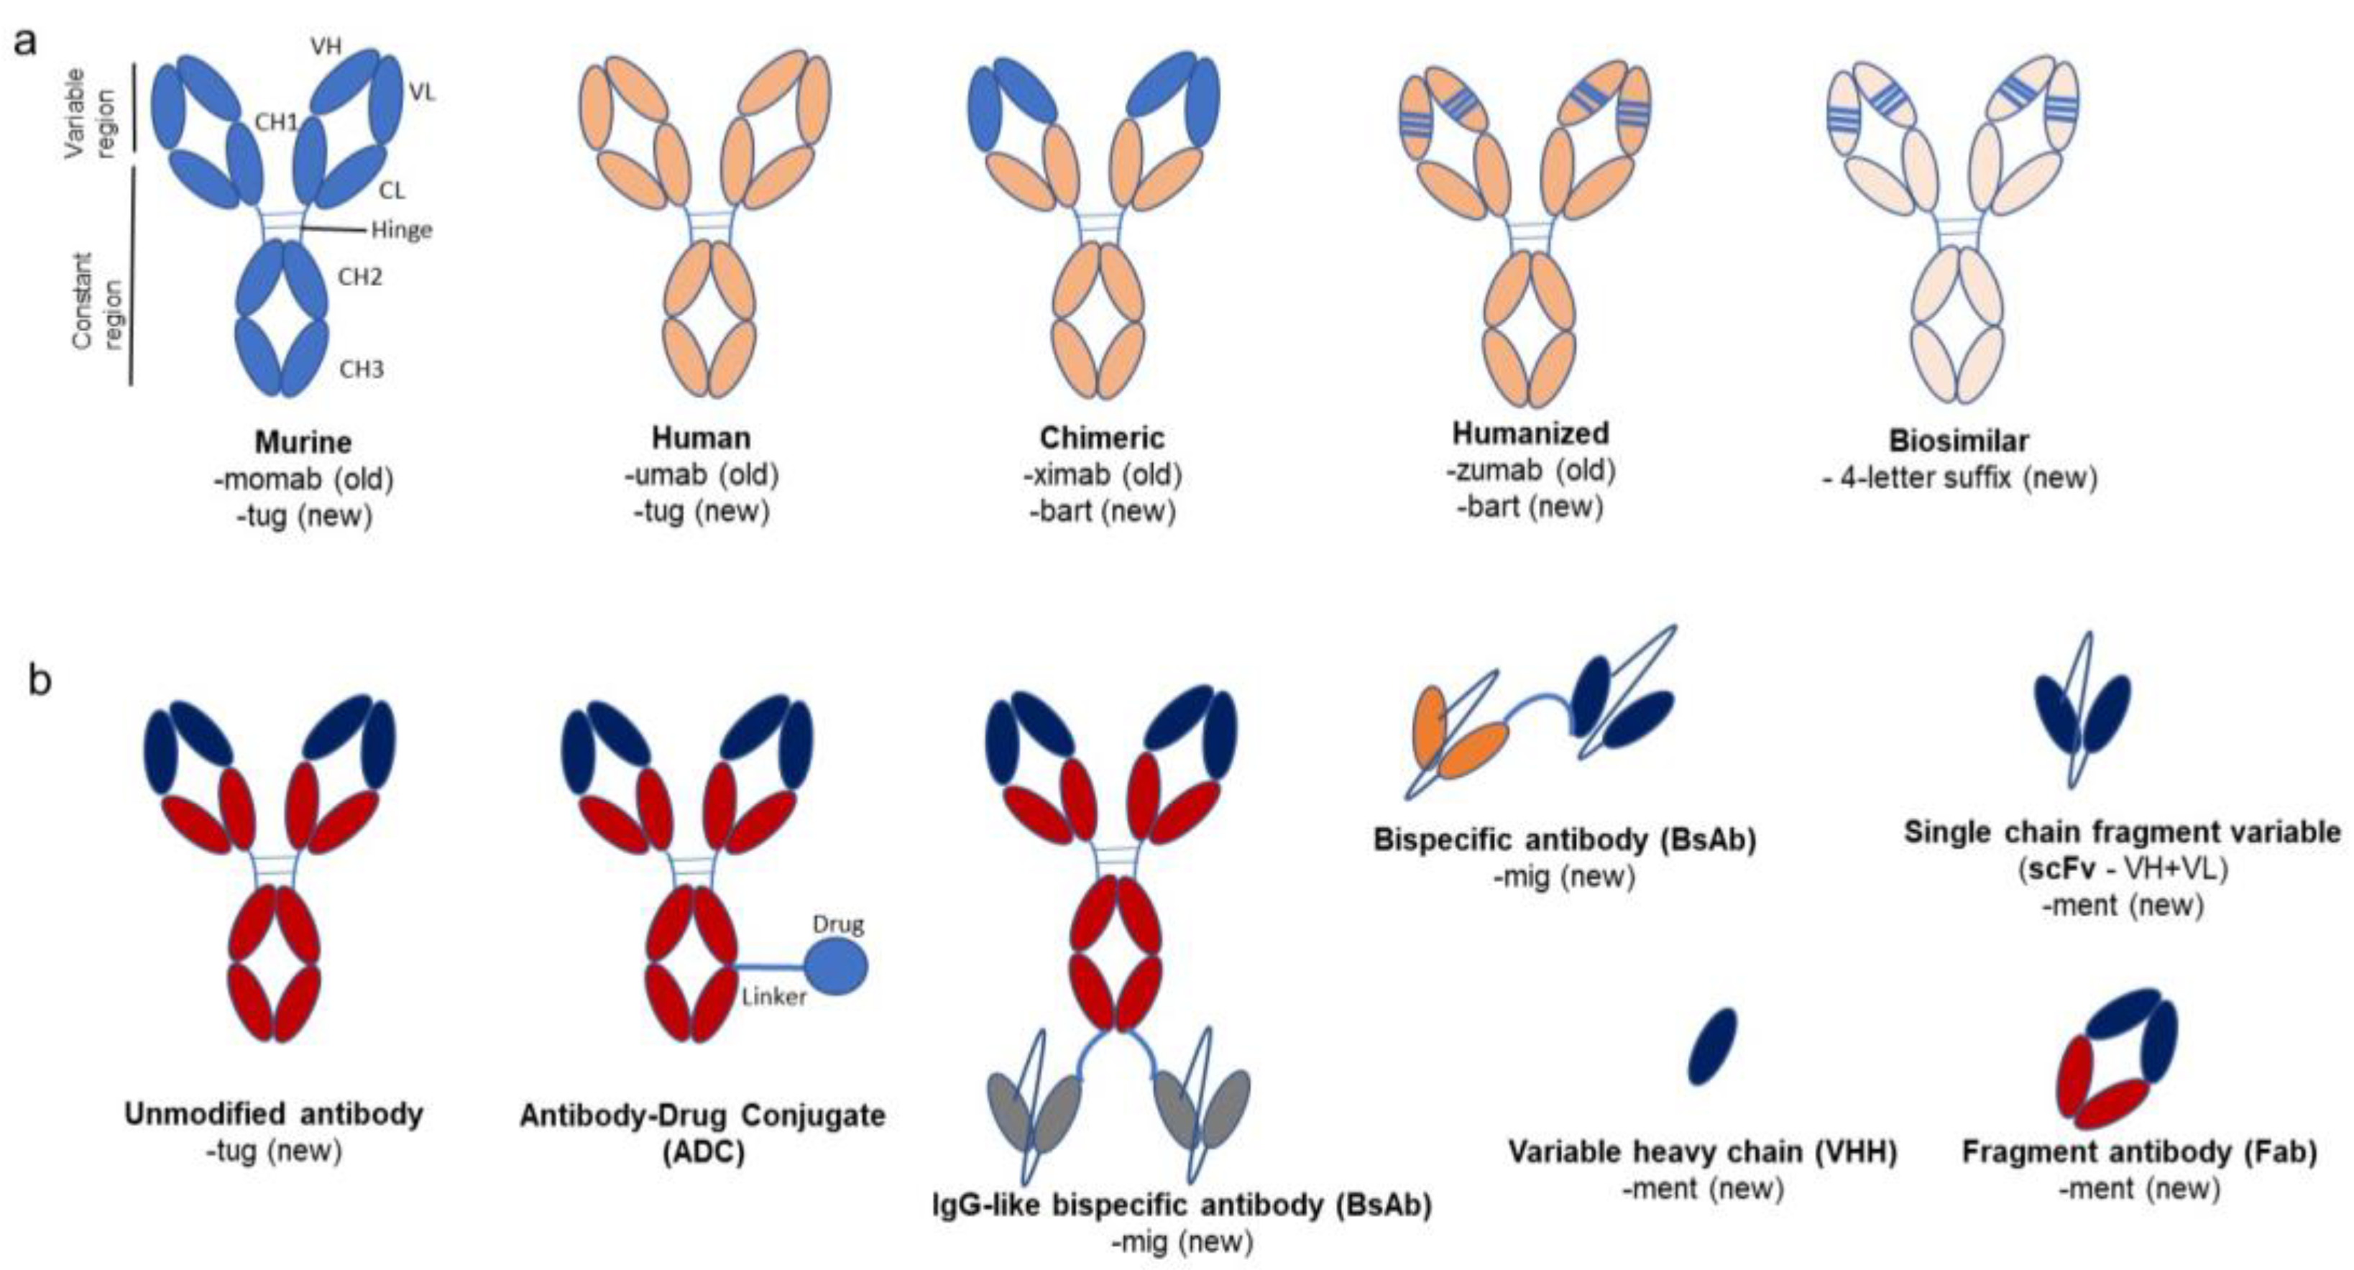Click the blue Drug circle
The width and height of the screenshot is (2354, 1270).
pyautogui.click(x=835, y=966)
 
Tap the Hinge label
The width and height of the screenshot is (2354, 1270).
pyautogui.click(x=401, y=229)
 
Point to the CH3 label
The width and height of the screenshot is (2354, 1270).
pyautogui.click(x=361, y=369)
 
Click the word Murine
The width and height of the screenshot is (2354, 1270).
pyautogui.click(x=303, y=442)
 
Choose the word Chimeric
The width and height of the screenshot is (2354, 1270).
pyautogui.click(x=1102, y=438)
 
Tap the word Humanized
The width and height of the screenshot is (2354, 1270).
pyautogui.click(x=1531, y=433)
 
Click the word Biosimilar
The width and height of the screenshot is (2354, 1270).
pyautogui.click(x=1959, y=441)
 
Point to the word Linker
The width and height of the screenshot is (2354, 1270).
pyautogui.click(x=774, y=997)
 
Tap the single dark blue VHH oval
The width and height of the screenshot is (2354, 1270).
pyautogui.click(x=1711, y=1046)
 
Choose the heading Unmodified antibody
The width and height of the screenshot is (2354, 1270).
pyautogui.click(x=274, y=1115)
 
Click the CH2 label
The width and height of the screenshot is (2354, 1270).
pyautogui.click(x=360, y=276)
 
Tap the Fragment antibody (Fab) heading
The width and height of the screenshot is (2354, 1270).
pyautogui.click(x=2139, y=1152)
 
